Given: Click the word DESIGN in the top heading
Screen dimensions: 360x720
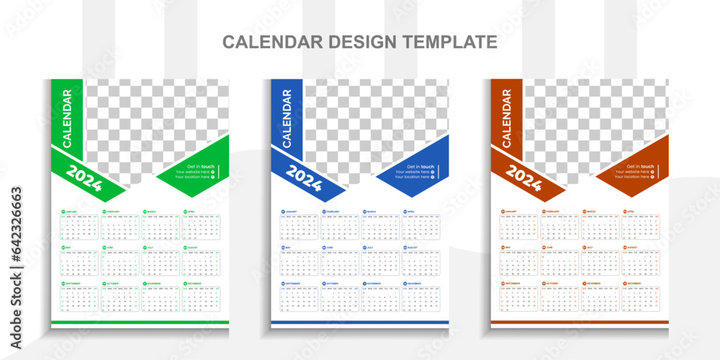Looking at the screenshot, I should click(364, 42).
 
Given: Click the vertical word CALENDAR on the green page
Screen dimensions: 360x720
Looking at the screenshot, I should click(67, 120).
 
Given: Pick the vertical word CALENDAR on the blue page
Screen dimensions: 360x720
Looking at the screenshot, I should click(287, 120).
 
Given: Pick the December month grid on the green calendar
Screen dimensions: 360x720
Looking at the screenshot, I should click(201, 300).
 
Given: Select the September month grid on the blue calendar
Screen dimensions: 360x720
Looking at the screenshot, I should click(299, 300).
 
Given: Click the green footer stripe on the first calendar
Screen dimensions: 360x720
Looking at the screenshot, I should click(140, 322).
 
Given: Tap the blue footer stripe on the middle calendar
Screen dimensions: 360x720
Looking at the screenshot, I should click(360, 322).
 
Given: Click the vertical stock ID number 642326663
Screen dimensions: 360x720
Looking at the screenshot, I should click(17, 224).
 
